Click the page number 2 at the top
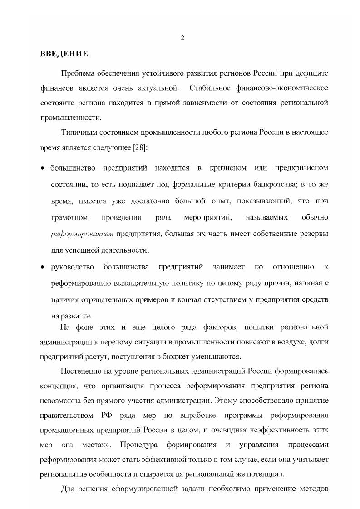182,38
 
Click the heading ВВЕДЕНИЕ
64,54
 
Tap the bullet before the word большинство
42,169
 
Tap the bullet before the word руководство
42,267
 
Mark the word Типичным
76,132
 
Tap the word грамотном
69,218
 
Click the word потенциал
269,475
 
